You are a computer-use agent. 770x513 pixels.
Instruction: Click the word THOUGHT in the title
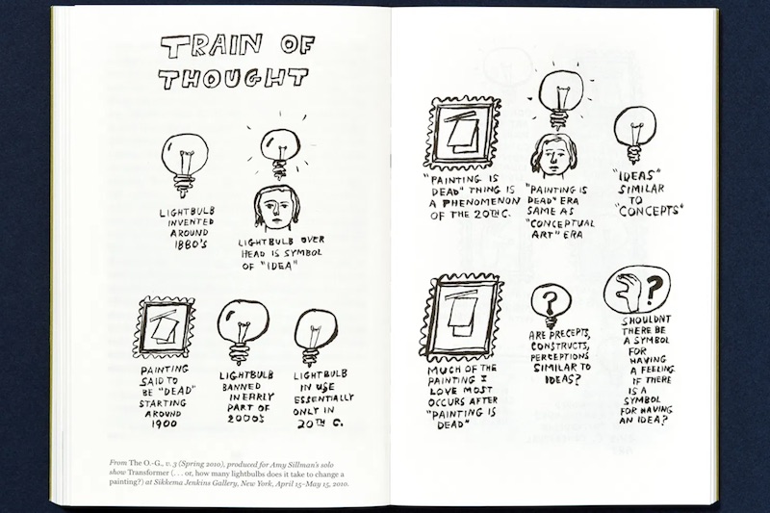[x=233, y=79]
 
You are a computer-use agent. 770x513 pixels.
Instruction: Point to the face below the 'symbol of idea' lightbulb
[x=276, y=210]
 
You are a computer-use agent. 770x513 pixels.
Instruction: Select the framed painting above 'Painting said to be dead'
[x=164, y=327]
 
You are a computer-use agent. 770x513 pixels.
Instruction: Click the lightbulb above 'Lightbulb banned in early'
[x=243, y=332]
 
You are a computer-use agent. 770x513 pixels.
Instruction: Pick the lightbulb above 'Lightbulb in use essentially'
[x=316, y=337]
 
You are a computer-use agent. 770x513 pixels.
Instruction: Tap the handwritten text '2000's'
[x=245, y=419]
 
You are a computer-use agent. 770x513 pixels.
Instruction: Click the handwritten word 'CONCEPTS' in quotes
[x=649, y=211]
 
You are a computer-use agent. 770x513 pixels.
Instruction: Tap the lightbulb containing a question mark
[x=551, y=306]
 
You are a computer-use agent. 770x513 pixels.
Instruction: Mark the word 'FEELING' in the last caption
[x=653, y=370]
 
